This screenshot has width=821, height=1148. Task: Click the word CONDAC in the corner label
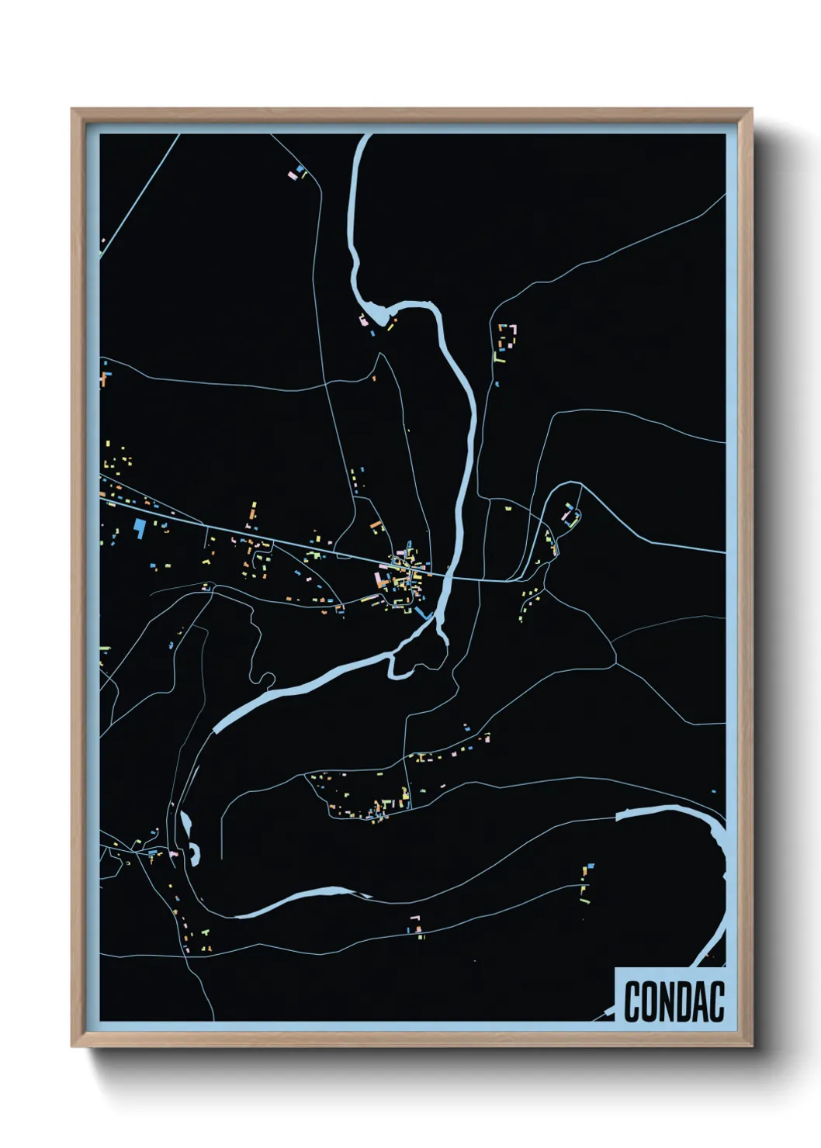pyautogui.click(x=674, y=1001)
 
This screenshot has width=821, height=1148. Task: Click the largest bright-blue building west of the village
pyautogui.click(x=140, y=527)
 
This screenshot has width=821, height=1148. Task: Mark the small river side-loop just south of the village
pyautogui.click(x=419, y=659)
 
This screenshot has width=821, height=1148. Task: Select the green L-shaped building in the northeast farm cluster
pyautogui.click(x=499, y=358)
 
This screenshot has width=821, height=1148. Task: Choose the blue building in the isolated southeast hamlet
pyautogui.click(x=591, y=865)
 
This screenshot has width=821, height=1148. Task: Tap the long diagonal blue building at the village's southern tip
pyautogui.click(x=424, y=614)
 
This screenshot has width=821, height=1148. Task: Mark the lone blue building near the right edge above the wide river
pyautogui.click(x=713, y=792)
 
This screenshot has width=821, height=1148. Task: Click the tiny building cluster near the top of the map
pyautogui.click(x=300, y=171)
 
